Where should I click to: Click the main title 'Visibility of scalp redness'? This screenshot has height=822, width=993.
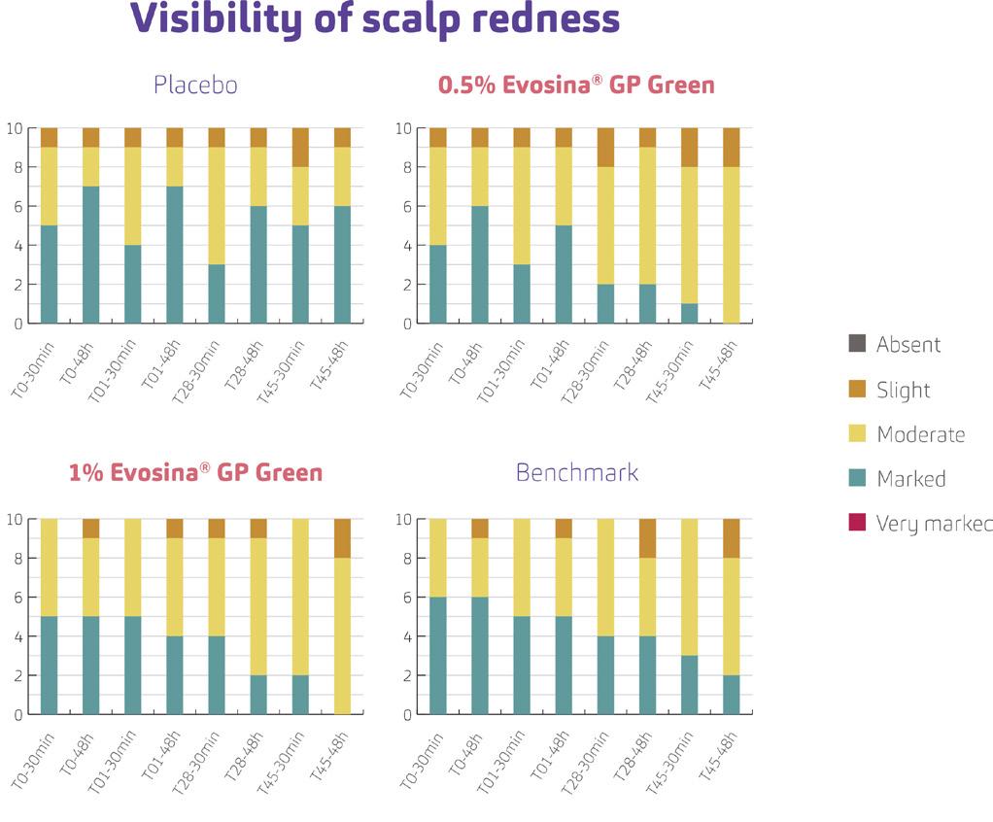pos(375,19)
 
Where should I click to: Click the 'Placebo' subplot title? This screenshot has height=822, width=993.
pos(195,86)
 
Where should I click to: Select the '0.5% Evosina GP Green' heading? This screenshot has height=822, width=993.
pos(576,86)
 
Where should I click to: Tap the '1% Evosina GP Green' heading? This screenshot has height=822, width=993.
pos(195,473)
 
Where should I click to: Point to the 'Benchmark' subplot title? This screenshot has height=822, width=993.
pos(576,473)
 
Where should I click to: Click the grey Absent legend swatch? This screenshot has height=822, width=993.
pos(856,344)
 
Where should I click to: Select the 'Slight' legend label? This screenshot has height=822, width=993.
pos(903,390)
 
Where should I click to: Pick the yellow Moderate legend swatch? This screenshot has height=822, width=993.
pos(856,434)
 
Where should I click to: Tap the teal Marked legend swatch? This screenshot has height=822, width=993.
pos(856,479)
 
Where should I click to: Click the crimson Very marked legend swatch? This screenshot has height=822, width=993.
pos(856,524)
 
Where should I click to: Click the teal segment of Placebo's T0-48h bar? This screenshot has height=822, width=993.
pos(90,255)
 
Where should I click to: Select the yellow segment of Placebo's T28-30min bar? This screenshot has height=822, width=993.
pos(216,205)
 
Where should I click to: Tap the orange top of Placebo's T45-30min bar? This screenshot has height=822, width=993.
pos(300,147)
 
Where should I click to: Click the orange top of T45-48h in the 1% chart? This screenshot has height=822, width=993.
pos(342,537)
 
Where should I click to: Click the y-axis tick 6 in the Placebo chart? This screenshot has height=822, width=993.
pos(17,206)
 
